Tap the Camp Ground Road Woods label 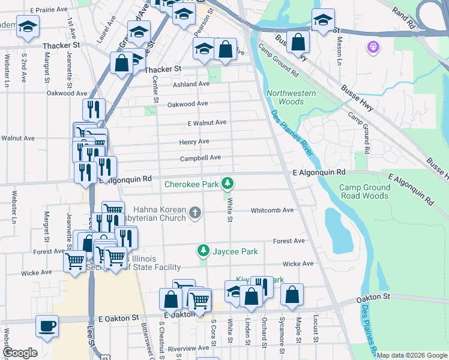pyautogui.click(x=364, y=191)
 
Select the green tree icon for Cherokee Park pyautogui.click(x=228, y=182)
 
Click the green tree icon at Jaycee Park pyautogui.click(x=203, y=250)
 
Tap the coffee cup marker pyautogui.click(x=47, y=326)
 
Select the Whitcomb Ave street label pyautogui.click(x=272, y=210)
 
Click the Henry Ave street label pyautogui.click(x=194, y=142)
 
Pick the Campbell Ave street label pyautogui.click(x=200, y=158)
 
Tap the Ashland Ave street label pyautogui.click(x=191, y=85)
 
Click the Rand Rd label pyautogui.click(x=403, y=19)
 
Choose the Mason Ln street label pyautogui.click(x=340, y=51)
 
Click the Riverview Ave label pyautogui.click(x=189, y=349)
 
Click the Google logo pyautogui.click(x=20, y=352)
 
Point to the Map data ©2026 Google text pyautogui.click(x=412, y=355)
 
